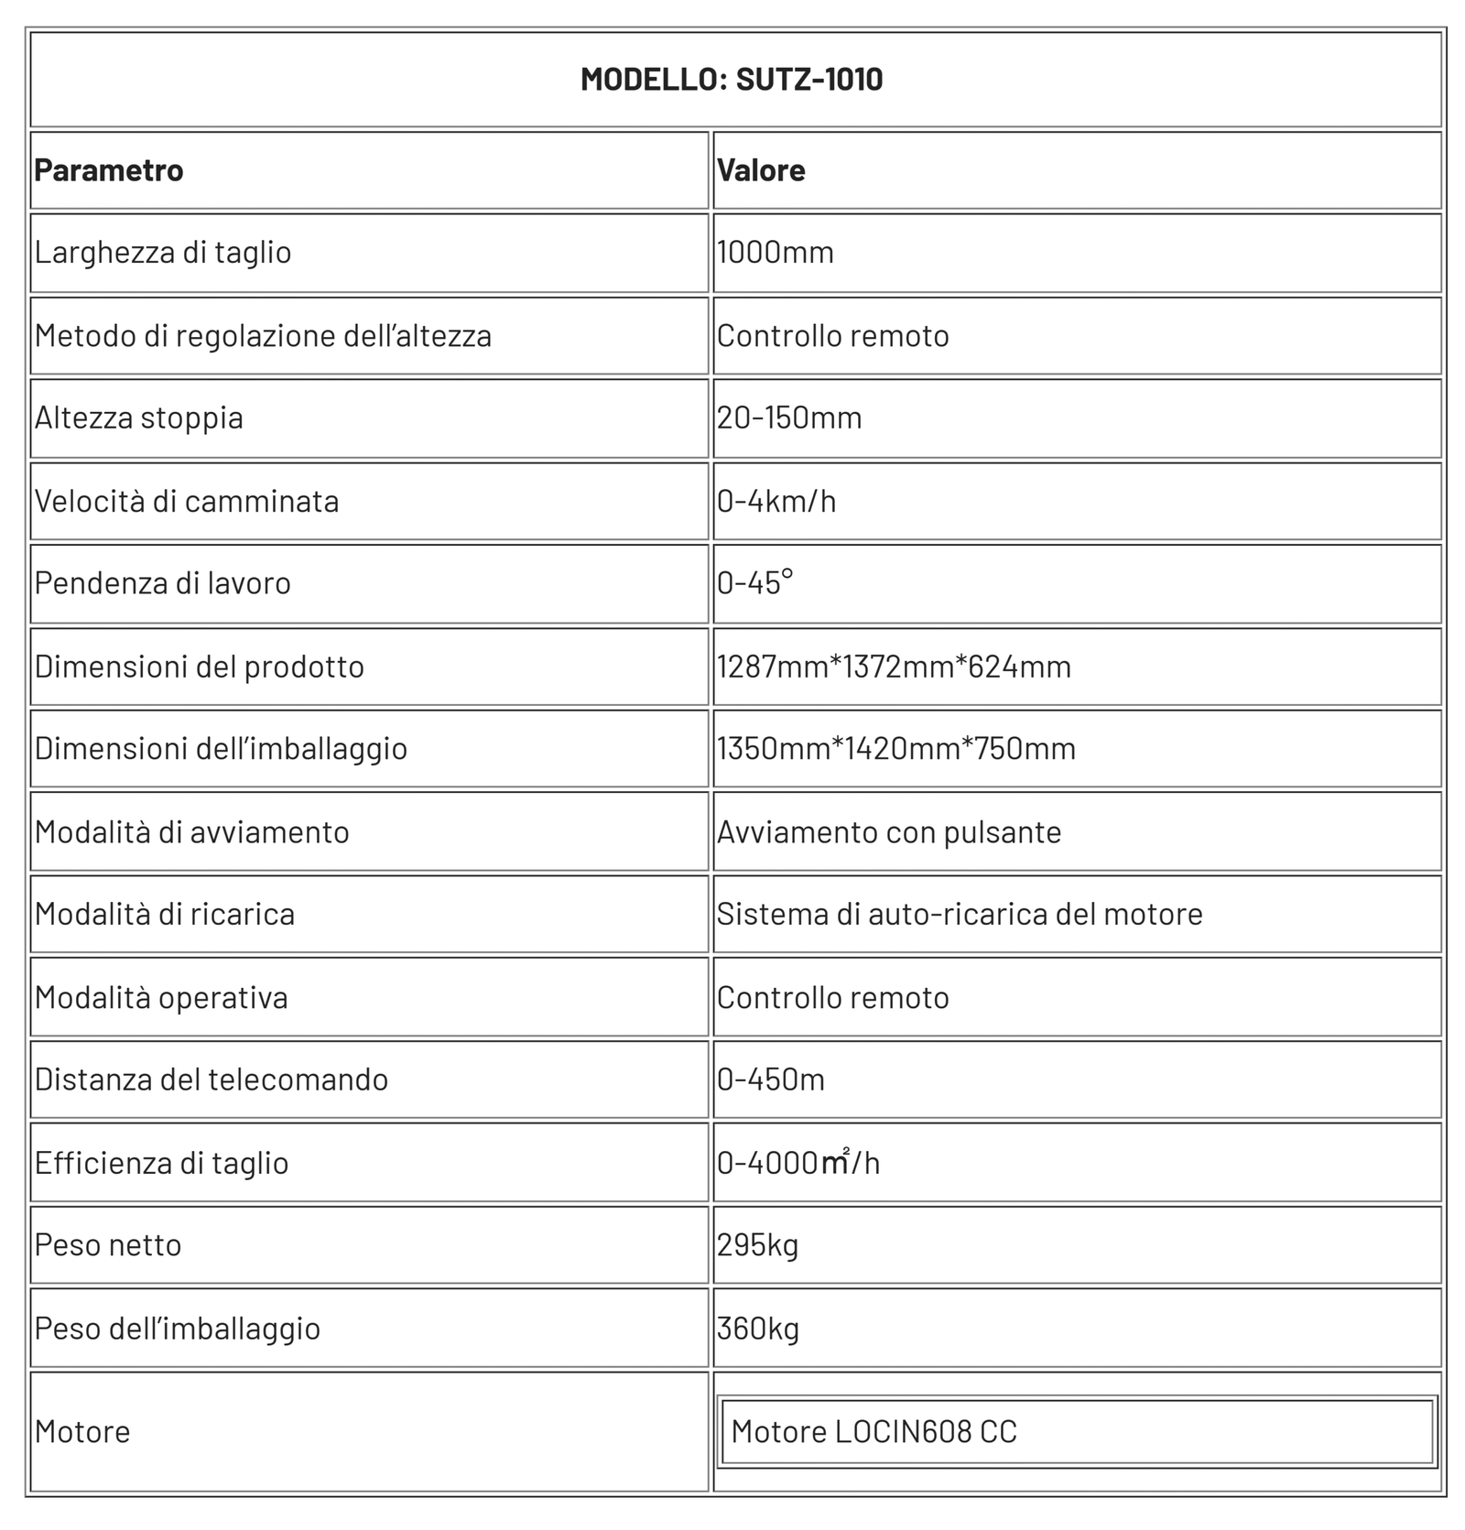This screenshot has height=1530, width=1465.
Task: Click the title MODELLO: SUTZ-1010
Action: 732,79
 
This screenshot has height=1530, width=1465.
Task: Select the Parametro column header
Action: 109,170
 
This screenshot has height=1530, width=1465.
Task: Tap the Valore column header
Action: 761,170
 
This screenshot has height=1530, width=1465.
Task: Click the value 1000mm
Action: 776,253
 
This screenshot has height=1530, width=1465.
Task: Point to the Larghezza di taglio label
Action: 163,253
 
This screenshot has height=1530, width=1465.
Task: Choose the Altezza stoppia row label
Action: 139,418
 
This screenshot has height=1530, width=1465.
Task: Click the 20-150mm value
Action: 789,418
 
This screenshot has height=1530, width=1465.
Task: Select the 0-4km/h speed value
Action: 776,502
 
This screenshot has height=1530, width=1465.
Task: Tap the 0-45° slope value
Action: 755,583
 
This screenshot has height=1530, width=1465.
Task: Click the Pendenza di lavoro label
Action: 163,583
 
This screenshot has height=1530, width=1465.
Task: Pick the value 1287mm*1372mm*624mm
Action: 894,667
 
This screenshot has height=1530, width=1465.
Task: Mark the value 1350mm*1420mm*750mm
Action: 896,749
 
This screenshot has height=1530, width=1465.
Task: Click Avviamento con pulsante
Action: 889,832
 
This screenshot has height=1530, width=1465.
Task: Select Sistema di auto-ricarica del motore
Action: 960,915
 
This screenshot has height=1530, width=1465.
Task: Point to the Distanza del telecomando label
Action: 212,1080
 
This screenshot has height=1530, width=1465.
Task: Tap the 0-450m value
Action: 771,1080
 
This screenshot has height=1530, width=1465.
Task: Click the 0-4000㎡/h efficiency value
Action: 798,1164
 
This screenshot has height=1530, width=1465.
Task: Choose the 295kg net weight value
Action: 758,1246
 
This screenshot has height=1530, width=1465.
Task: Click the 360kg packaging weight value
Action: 758,1329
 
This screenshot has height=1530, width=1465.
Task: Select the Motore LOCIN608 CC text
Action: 874,1432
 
